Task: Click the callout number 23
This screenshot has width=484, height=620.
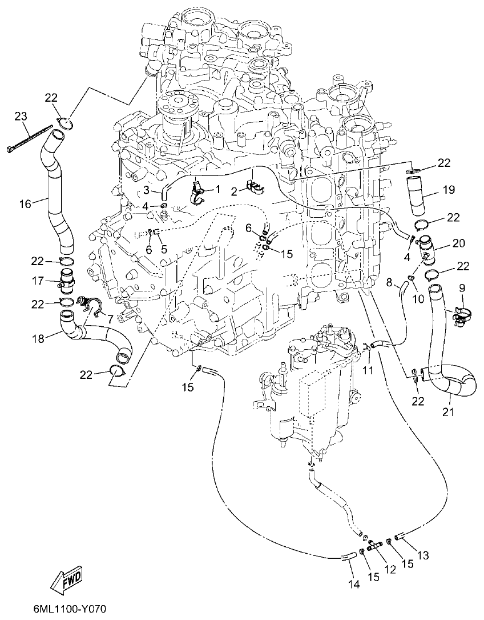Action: pos(21,117)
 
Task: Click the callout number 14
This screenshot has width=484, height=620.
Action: pos(354,584)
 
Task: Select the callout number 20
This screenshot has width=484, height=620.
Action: pos(458,243)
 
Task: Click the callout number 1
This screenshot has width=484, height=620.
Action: pos(217,189)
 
